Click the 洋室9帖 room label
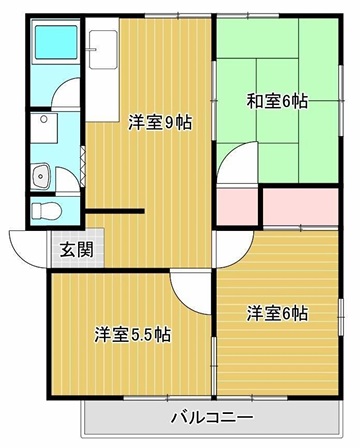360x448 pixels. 160,122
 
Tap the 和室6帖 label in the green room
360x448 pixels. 277,101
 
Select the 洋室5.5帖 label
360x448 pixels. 133,335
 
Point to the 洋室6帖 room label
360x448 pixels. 277,314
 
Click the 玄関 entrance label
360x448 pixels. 77,249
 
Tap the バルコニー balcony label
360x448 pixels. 212,417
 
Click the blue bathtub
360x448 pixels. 56,42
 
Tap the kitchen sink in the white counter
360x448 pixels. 103,50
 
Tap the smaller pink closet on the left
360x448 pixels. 237,207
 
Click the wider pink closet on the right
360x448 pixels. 301,207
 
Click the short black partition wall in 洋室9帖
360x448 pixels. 115,211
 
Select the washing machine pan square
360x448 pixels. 44,128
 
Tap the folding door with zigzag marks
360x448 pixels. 83,166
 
